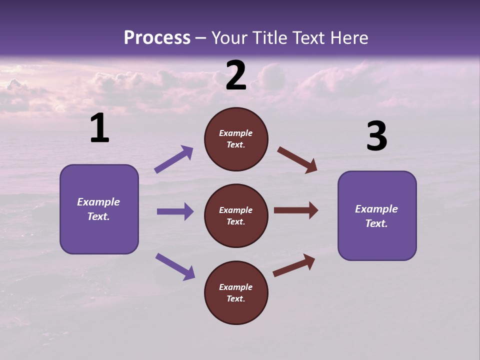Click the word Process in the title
157,38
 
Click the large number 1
99,128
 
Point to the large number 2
236,76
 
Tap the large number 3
376,137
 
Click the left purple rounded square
99,209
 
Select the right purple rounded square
377,215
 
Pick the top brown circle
236,139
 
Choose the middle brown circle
236,215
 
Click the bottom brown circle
236,292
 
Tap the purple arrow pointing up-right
173,159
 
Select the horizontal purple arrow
175,211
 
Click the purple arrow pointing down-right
175,266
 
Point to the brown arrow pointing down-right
297,160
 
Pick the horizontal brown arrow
296,210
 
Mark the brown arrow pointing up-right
294,265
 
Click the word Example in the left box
98,202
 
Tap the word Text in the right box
375,223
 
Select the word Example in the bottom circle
236,287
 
